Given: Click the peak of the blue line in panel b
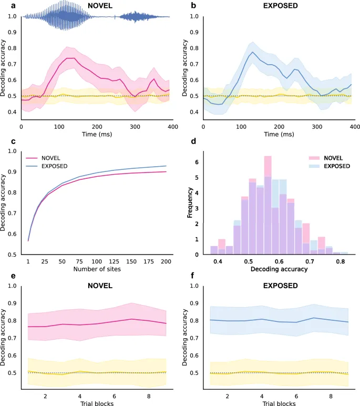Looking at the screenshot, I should click(253, 52).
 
